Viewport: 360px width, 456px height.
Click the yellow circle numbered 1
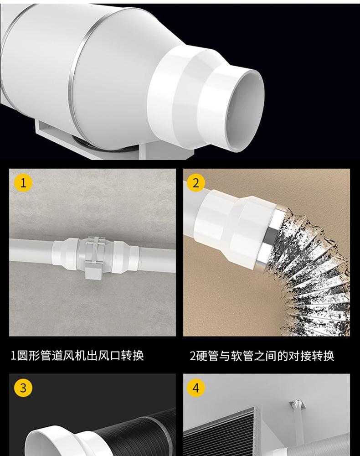pos(23,183)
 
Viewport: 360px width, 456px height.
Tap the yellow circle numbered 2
pos(196,183)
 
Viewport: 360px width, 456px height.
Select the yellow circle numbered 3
pos(23,388)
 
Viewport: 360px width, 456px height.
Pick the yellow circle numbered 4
pos(196,388)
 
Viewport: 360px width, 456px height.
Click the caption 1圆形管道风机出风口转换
pos(77,355)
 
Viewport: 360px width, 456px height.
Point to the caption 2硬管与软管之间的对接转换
pos(262,356)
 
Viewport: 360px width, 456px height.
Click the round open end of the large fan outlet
pos(245,110)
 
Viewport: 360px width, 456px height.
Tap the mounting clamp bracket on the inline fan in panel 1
pos(93,258)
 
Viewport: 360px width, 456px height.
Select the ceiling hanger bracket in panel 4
pos(296,406)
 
